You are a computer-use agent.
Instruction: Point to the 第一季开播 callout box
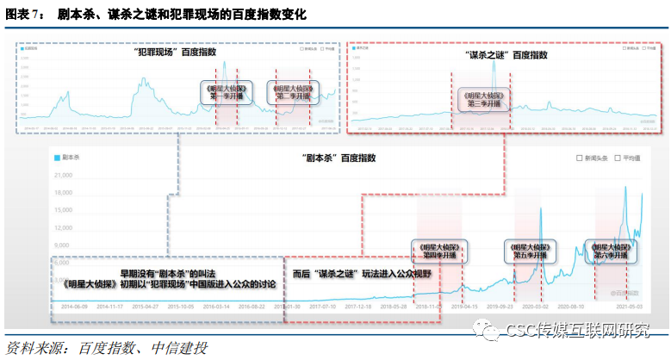[x=226, y=92]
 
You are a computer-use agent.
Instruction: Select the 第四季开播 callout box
[x=438, y=251]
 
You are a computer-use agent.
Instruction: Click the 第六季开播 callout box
[x=612, y=251]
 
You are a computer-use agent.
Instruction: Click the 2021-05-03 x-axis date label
[x=629, y=306]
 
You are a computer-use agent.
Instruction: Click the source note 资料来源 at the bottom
[x=108, y=349]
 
